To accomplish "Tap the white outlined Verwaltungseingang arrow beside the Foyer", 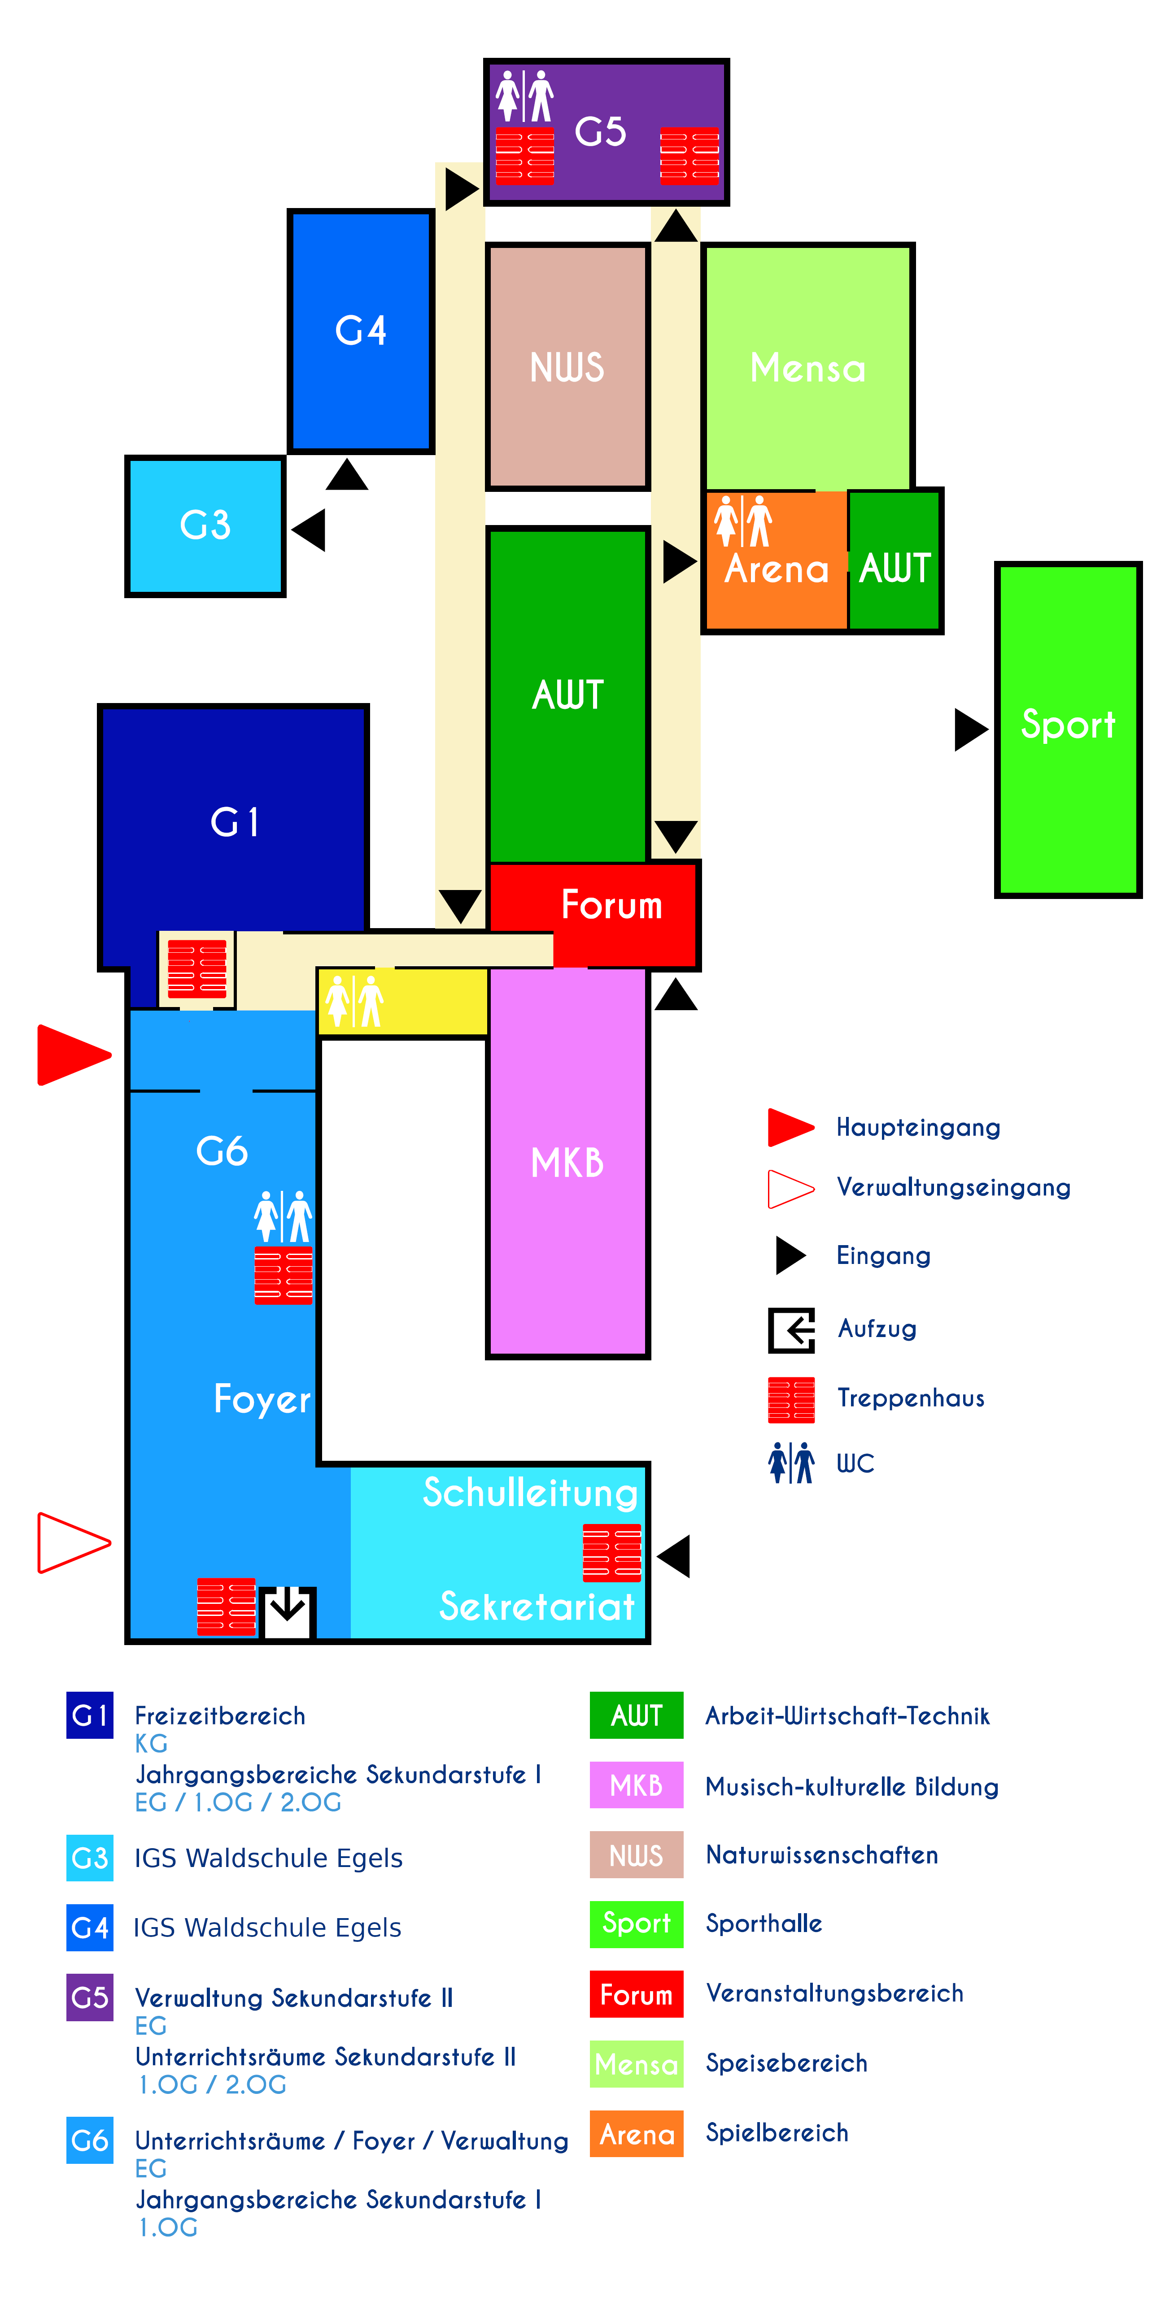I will [72, 1542].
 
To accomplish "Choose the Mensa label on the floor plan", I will [807, 368].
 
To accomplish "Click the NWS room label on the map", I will [567, 368].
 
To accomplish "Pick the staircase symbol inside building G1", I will [196, 968].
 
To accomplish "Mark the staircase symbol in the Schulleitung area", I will [612, 1552].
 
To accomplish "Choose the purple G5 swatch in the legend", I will [90, 1997].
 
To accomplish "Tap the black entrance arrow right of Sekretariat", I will [675, 1556].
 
